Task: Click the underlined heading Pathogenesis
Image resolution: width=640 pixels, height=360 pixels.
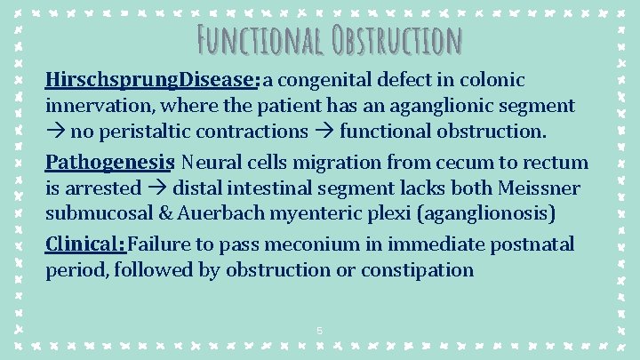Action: (x=108, y=162)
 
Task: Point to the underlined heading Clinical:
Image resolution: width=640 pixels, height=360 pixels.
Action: (x=85, y=244)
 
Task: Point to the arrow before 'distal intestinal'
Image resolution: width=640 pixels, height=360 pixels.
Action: (x=159, y=188)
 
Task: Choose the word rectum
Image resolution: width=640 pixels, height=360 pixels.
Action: (x=558, y=162)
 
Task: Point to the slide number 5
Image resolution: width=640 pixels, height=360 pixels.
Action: (x=320, y=332)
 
